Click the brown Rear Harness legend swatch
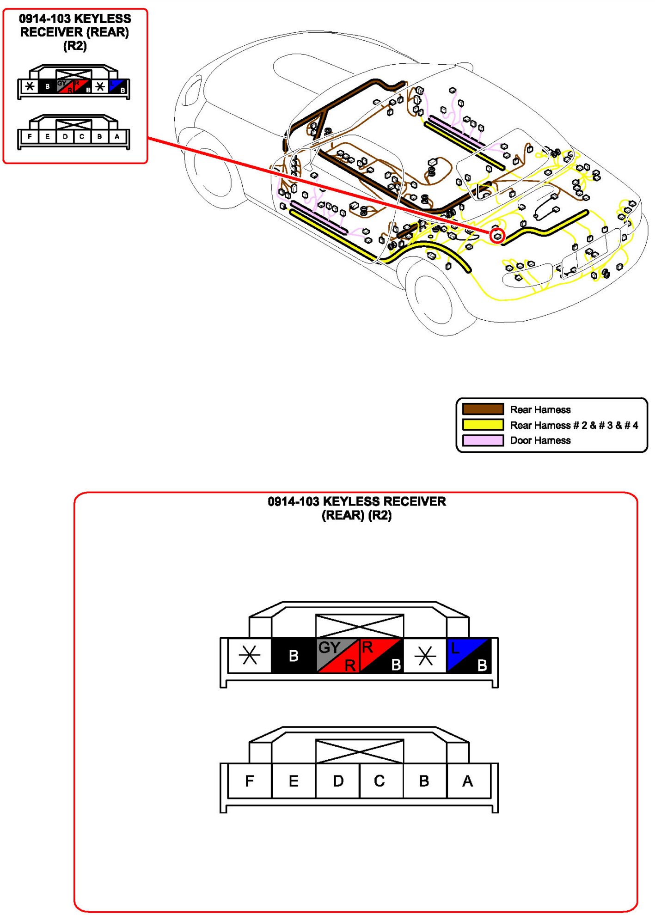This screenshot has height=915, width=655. point(483,409)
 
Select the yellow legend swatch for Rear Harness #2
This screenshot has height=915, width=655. point(483,425)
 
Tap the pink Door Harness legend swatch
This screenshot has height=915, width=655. point(483,440)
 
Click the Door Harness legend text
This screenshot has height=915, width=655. point(540,440)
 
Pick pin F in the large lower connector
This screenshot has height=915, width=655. point(250,781)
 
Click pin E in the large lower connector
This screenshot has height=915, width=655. point(294,781)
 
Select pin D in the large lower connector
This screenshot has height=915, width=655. point(338,781)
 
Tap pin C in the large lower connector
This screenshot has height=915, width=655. point(380,781)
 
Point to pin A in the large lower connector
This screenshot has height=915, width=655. point(468,781)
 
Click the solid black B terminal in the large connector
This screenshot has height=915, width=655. point(294,655)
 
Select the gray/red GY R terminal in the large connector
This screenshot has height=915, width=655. point(338,655)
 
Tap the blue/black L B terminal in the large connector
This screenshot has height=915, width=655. point(468,655)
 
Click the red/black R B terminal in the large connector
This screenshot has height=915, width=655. point(381,655)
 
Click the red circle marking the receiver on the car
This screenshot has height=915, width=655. point(497,236)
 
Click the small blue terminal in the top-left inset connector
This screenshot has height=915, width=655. point(117,86)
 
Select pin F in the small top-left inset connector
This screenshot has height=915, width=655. point(30,137)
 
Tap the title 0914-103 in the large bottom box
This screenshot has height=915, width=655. point(293,501)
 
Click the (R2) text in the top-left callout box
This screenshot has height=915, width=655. point(75,46)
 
